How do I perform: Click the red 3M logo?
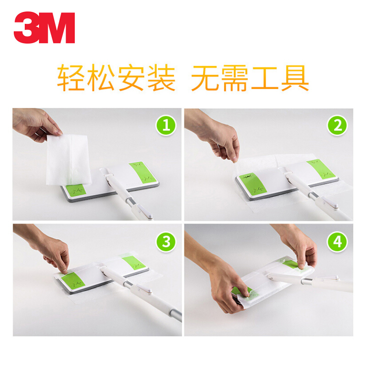click(x=44, y=28)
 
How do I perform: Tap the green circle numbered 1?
click(x=166, y=125)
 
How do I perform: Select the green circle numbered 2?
click(x=337, y=125)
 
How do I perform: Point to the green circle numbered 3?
click(x=166, y=242)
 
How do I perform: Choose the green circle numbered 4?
click(x=337, y=242)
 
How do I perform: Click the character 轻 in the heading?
click(x=71, y=78)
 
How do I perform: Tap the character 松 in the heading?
click(x=101, y=78)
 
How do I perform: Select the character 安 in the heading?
click(x=131, y=78)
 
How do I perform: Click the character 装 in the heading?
click(x=161, y=78)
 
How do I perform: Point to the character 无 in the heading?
click(x=205, y=78)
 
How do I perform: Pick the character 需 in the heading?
click(x=235, y=78)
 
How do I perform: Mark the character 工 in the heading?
click(x=265, y=78)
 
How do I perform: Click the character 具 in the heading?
click(x=295, y=78)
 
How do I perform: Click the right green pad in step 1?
click(x=142, y=172)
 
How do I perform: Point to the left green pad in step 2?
click(x=252, y=184)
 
